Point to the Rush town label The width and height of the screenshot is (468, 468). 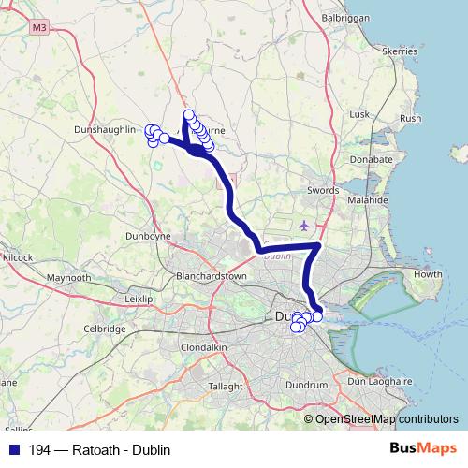[x=410, y=119]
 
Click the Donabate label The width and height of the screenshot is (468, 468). [x=372, y=159]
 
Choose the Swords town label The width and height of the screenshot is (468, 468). [x=322, y=189]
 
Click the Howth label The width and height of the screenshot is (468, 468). [x=428, y=274]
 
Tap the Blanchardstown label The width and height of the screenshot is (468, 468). [x=211, y=277]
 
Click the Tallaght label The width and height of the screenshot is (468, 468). [x=225, y=386]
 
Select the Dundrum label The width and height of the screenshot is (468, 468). [x=311, y=385]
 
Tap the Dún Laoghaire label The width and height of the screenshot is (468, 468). [x=379, y=382]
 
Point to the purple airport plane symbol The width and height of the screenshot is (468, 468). [x=304, y=226]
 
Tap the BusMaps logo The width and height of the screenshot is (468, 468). [x=423, y=448]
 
